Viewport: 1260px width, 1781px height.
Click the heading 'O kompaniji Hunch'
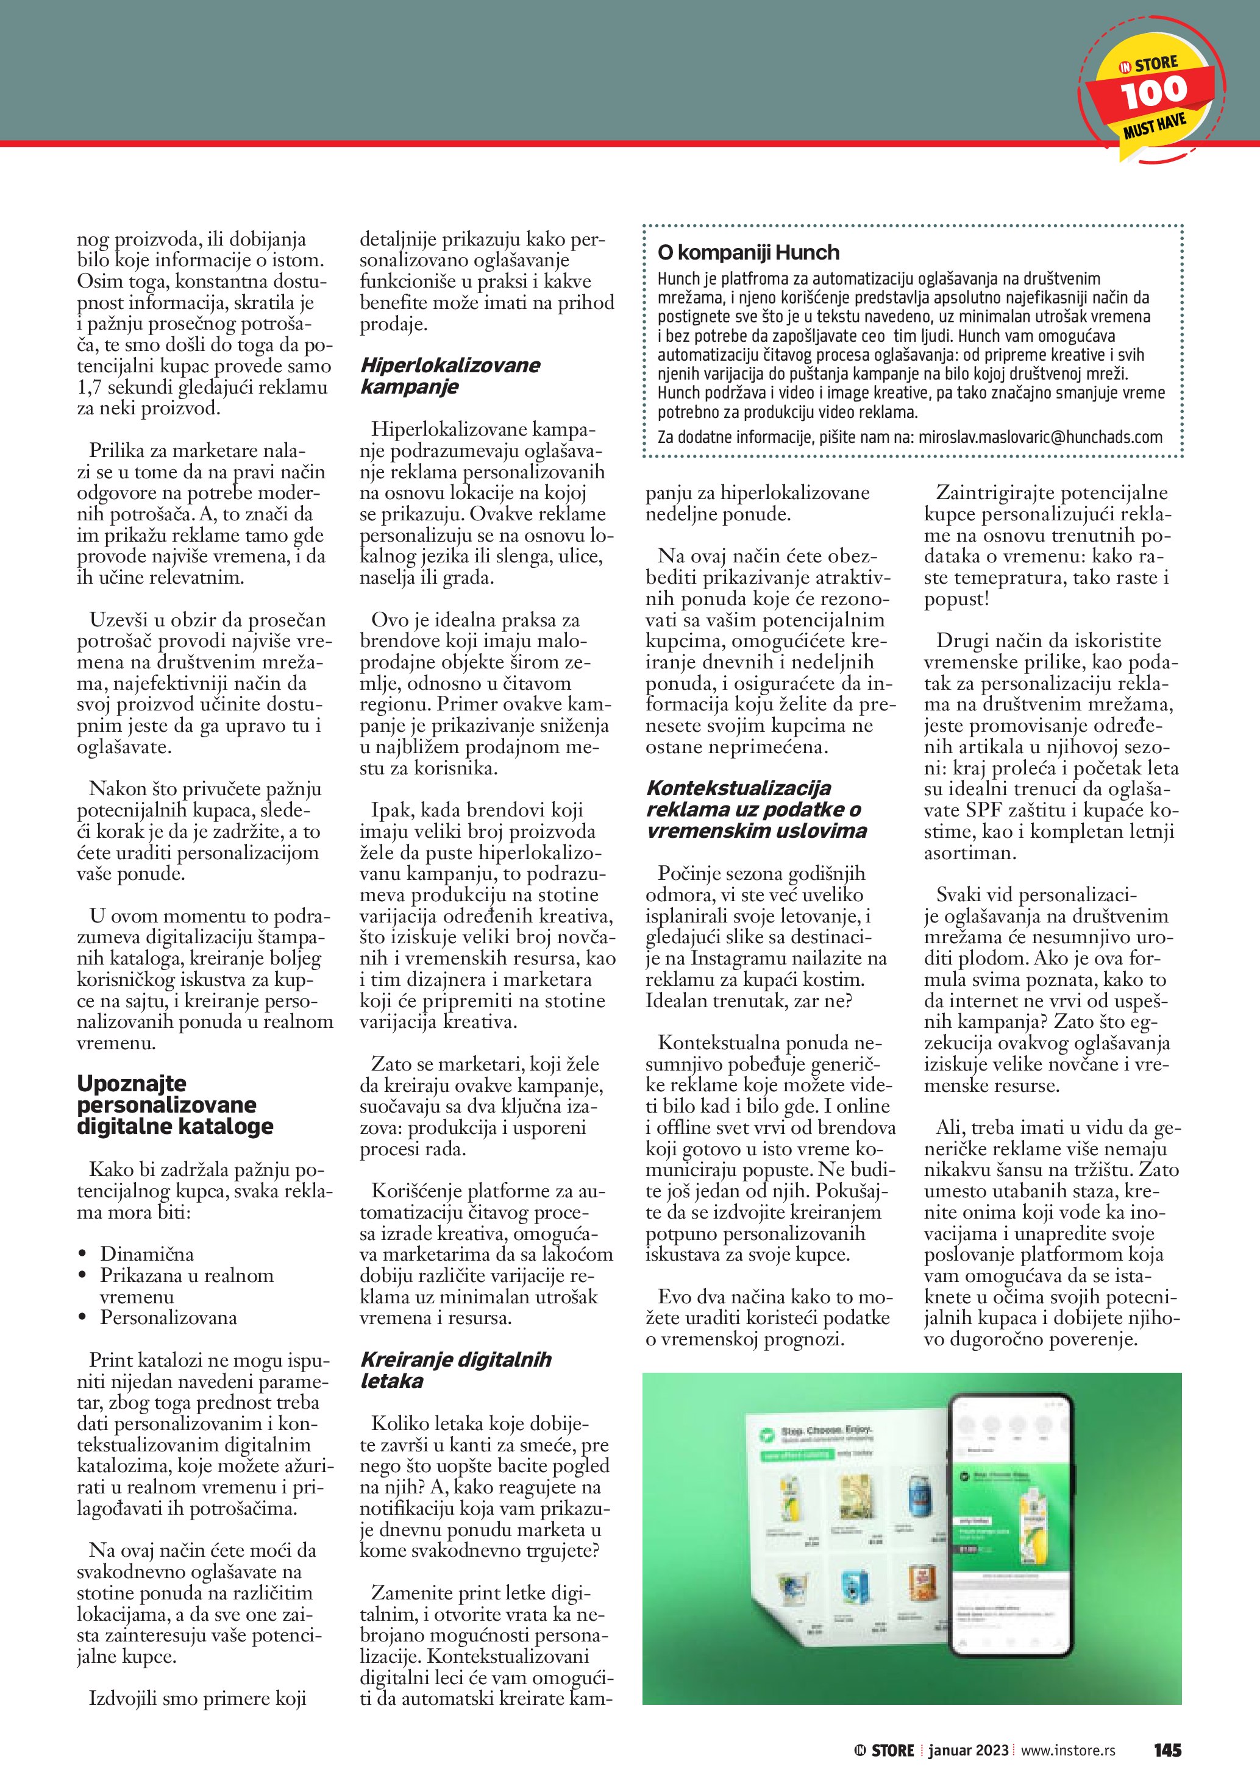(x=748, y=252)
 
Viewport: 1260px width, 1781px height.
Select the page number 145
(x=1167, y=1749)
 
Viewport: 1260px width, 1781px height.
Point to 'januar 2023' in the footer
(x=970, y=1750)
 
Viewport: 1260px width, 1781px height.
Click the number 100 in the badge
(x=1154, y=91)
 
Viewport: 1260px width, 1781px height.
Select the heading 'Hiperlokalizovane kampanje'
(x=450, y=375)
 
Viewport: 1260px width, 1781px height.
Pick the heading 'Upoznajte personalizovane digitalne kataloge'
(x=174, y=1105)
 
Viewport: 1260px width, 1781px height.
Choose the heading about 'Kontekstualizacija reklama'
(x=756, y=809)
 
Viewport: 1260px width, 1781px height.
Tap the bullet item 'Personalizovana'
(x=168, y=1317)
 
